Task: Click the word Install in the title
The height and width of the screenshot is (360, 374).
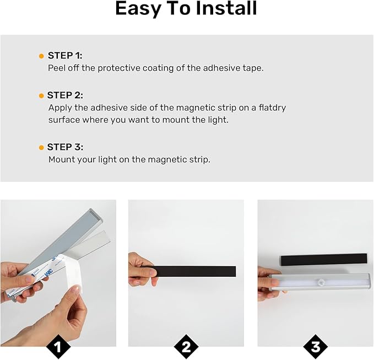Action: coord(226,8)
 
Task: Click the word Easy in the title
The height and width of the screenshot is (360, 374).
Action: coord(138,9)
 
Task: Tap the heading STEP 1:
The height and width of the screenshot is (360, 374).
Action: coord(65,56)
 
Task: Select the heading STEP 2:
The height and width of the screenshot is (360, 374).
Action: coord(65,95)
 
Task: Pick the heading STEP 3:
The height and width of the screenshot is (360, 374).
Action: coord(65,147)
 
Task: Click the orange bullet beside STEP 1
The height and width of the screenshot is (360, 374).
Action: coord(41,56)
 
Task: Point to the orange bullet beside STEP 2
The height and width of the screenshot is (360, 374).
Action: coord(41,96)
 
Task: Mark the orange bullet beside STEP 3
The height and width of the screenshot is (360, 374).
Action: coord(41,148)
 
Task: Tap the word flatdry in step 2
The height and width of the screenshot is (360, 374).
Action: coord(273,108)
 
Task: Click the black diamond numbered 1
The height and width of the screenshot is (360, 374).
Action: coord(58,347)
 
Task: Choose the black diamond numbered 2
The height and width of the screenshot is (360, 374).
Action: coord(186,347)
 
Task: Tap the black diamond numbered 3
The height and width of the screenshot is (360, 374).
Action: coord(316,347)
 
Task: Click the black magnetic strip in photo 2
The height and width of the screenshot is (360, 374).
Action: coord(194,271)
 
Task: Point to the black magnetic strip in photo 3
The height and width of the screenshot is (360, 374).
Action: coord(324,260)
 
